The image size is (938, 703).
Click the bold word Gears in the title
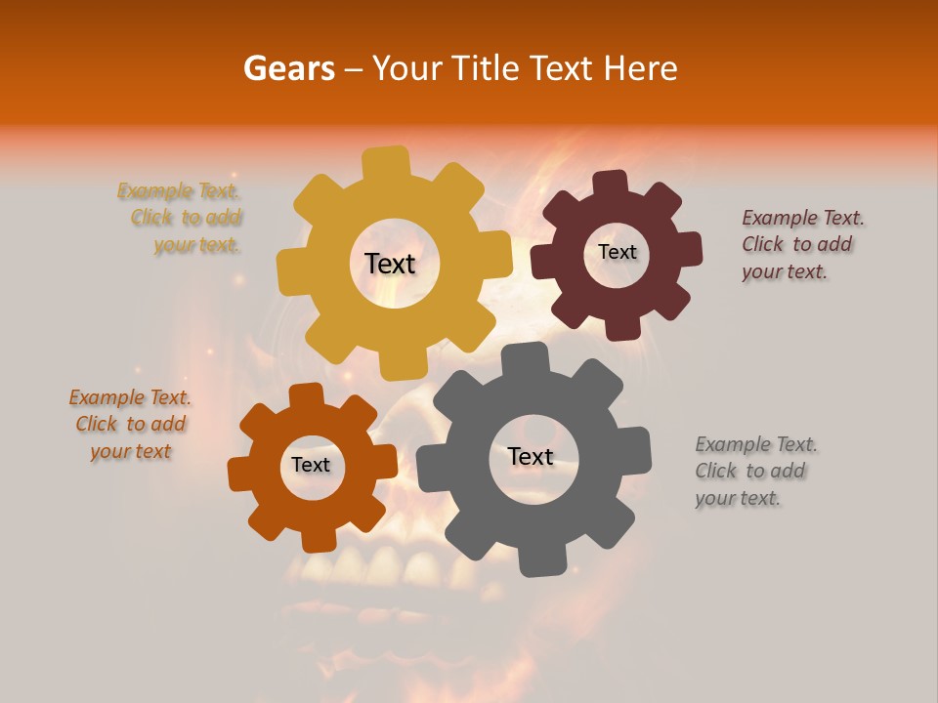click(x=288, y=68)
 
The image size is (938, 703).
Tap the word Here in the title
click(x=641, y=68)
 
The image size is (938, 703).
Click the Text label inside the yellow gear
click(x=390, y=264)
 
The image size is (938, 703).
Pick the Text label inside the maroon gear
click(x=617, y=252)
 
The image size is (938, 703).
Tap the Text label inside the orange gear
click(x=311, y=466)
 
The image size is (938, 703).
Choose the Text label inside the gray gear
click(x=531, y=457)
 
